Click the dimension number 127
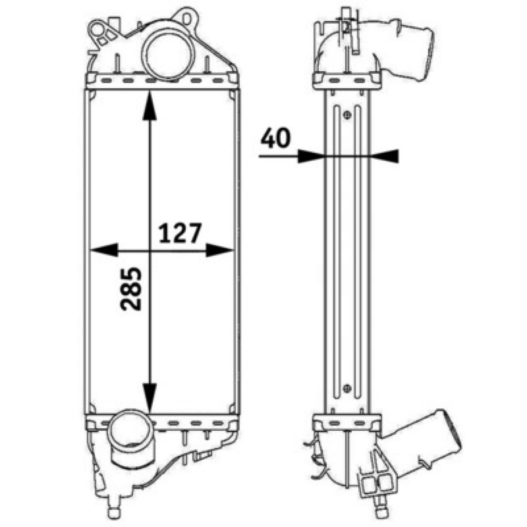(x=180, y=233)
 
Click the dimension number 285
(x=130, y=289)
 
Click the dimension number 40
(x=275, y=138)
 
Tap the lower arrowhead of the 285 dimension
(x=150, y=398)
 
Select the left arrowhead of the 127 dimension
(x=105, y=250)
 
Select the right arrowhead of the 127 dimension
(x=219, y=250)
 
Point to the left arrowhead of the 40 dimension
(x=310, y=156)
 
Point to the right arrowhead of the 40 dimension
(x=385, y=156)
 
